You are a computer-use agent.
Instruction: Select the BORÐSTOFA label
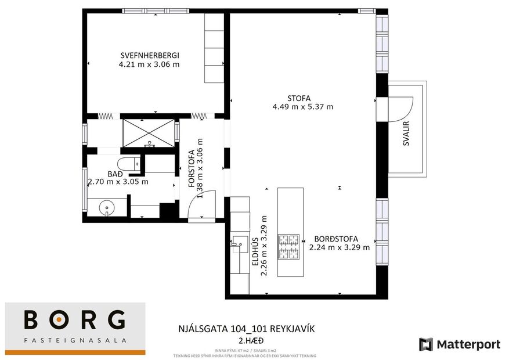coord(336,239)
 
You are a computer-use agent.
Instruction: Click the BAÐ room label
coord(115,173)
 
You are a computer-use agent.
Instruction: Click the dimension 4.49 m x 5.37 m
coord(302,107)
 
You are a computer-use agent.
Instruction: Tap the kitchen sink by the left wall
coord(238,244)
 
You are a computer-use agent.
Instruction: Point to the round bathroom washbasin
coord(106,207)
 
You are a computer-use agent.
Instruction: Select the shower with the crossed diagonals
coord(147,132)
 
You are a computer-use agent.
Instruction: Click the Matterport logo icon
coord(427,344)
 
